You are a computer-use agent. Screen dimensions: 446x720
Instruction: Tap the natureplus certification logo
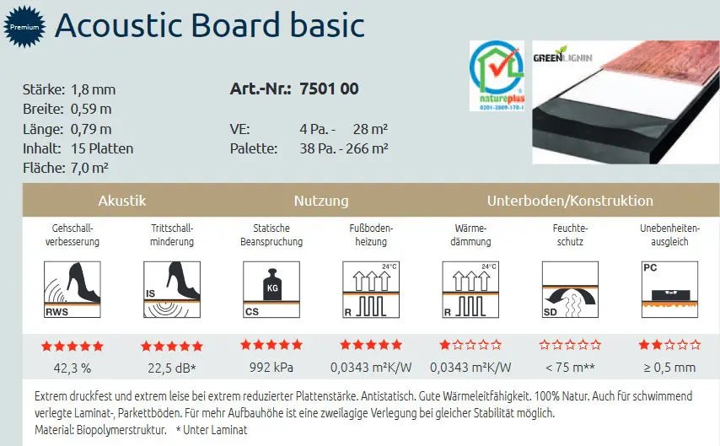[497, 76]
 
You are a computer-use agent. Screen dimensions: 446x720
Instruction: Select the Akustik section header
[122, 201]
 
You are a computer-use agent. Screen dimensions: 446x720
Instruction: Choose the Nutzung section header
[321, 201]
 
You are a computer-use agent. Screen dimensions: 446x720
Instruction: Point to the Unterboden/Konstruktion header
[570, 201]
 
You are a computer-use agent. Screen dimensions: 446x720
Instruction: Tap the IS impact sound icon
[172, 289]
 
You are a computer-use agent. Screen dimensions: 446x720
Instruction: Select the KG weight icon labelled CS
[271, 289]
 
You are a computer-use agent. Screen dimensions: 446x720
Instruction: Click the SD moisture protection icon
[570, 289]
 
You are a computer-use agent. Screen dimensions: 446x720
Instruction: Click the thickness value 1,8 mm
[94, 89]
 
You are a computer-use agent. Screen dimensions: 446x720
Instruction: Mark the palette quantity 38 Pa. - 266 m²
[343, 148]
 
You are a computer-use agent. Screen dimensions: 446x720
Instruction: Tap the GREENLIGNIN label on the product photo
[562, 58]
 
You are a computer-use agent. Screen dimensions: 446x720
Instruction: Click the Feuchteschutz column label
[570, 234]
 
